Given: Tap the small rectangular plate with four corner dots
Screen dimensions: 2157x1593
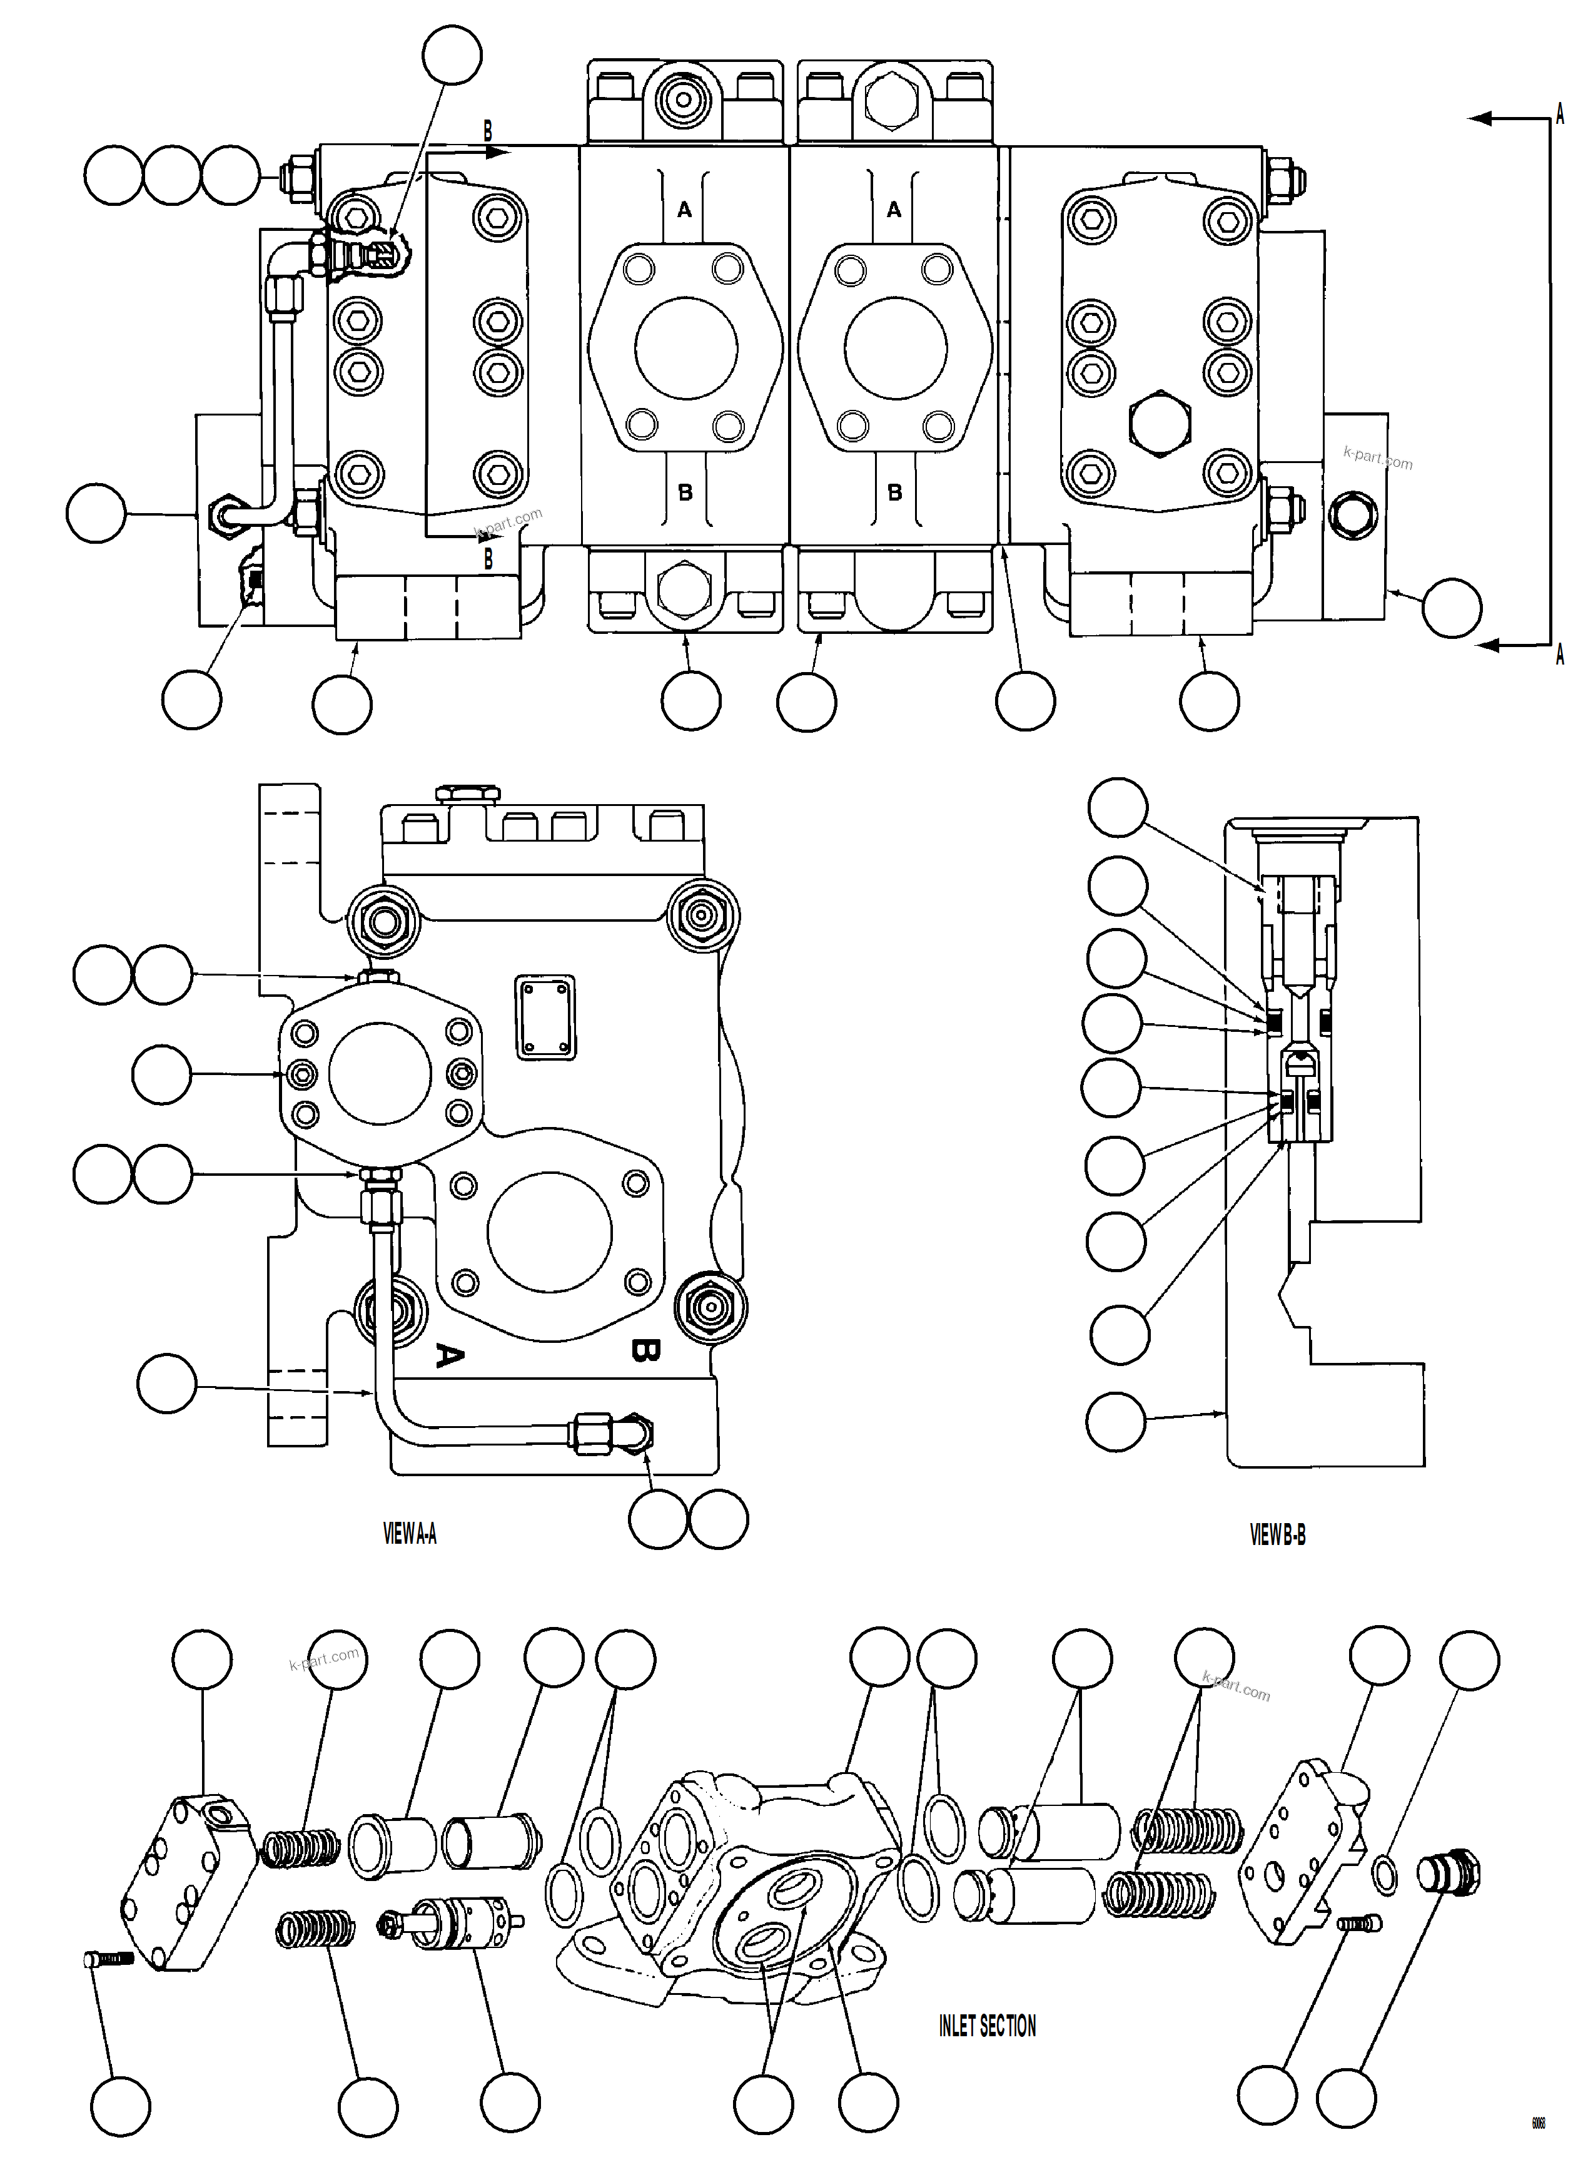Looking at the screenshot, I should (x=546, y=1017).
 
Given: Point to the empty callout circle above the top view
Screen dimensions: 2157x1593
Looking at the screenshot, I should (x=452, y=55).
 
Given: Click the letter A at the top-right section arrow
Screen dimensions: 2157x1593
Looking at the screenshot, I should (x=1559, y=114).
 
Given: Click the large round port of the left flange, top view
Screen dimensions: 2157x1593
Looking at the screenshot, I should (x=685, y=347).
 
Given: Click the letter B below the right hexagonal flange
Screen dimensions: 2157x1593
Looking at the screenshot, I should (x=894, y=492).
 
